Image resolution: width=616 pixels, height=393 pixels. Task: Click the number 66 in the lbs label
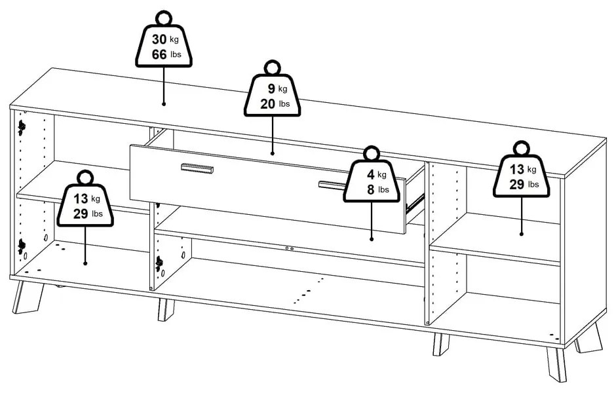(159, 54)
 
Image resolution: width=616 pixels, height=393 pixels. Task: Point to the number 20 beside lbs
(267, 104)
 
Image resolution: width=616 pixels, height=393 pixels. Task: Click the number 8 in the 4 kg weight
(371, 190)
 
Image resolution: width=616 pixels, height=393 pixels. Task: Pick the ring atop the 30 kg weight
(164, 18)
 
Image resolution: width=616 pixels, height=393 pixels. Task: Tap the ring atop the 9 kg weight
(272, 68)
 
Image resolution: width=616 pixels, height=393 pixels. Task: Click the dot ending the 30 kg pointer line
(163, 104)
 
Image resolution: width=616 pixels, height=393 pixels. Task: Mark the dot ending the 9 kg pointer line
(272, 153)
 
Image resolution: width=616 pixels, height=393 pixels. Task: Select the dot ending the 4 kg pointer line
(372, 238)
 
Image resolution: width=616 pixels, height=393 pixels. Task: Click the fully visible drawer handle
(197, 168)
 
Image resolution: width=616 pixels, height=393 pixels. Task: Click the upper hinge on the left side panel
(21, 128)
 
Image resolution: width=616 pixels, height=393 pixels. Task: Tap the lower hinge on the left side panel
(21, 246)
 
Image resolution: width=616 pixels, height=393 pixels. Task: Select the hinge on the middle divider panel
(159, 263)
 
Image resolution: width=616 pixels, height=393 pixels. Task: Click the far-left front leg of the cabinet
(28, 297)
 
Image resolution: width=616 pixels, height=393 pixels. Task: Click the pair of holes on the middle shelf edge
(289, 248)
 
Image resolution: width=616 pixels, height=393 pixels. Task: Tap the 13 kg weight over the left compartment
(85, 198)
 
